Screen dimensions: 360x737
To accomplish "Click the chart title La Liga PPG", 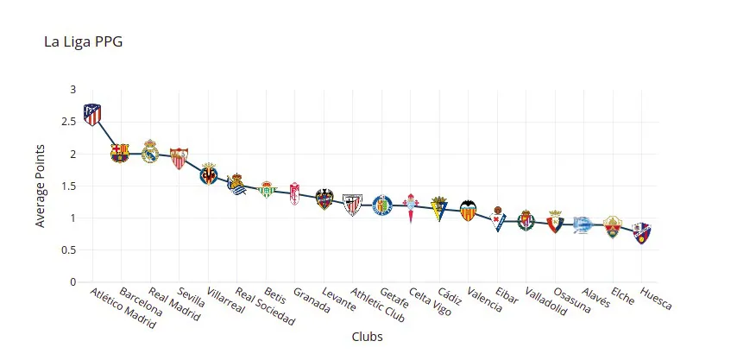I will click(x=83, y=41).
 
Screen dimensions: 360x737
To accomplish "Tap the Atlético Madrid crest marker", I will click(x=91, y=114).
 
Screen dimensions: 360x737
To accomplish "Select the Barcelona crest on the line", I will click(x=120, y=154).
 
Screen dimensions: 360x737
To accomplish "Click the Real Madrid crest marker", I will click(x=149, y=152).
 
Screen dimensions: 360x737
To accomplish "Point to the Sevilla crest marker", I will click(x=179, y=157).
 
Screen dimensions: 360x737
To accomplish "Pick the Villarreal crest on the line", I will click(x=208, y=173).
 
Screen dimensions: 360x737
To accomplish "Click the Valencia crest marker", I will click(x=468, y=210).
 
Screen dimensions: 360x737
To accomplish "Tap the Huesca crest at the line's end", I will click(x=641, y=232).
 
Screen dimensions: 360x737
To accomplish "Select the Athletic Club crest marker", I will click(x=352, y=204).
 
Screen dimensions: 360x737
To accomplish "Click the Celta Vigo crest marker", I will click(x=410, y=207).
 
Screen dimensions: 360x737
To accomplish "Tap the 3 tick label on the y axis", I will click(x=72, y=90).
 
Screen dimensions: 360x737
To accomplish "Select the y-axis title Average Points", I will click(x=40, y=186).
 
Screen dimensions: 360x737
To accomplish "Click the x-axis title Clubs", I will click(x=367, y=337).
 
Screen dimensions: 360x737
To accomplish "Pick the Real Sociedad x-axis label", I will click(x=264, y=307).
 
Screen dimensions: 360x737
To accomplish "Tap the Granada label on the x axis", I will click(x=311, y=301).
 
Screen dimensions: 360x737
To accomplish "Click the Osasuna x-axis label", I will click(x=572, y=301).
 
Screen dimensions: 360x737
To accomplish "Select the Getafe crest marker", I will click(x=381, y=205).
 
